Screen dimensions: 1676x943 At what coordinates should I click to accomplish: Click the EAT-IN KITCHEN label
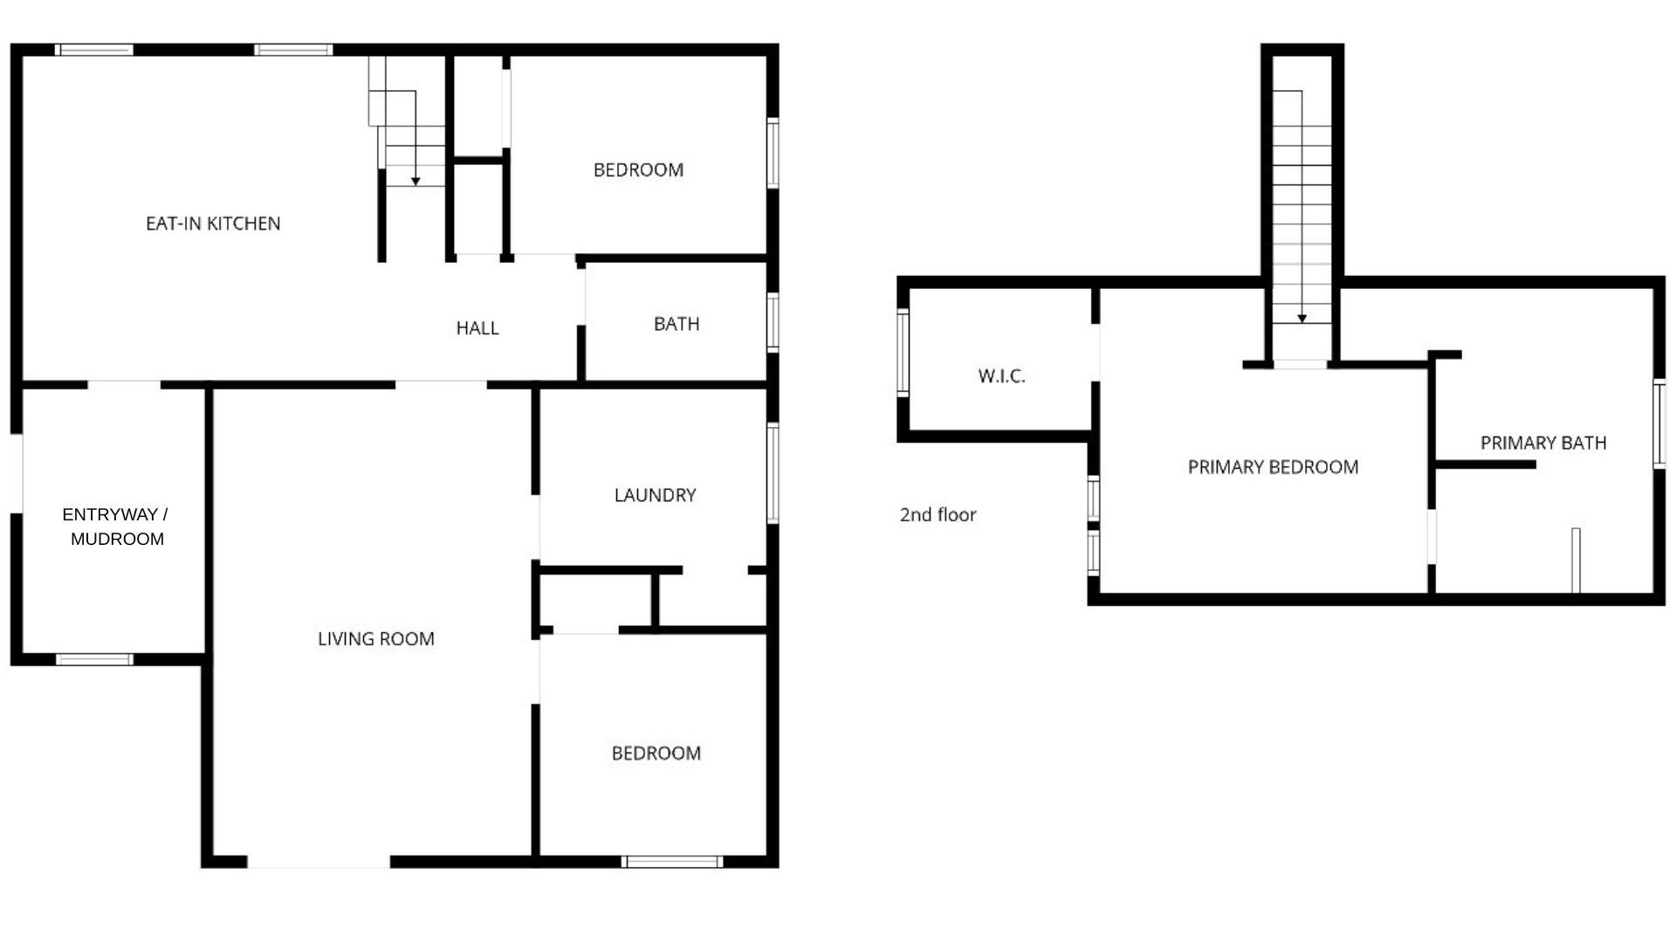coord(213,224)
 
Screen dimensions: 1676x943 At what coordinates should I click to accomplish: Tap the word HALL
coord(477,328)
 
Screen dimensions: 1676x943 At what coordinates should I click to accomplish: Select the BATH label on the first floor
coord(677,324)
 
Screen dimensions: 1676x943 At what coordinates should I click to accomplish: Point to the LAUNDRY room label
coord(655,495)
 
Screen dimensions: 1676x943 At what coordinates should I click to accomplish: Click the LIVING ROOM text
coord(376,639)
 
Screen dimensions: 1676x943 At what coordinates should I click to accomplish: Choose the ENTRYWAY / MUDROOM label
coord(116,527)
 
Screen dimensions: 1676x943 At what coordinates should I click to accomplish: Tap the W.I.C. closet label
coord(1001,376)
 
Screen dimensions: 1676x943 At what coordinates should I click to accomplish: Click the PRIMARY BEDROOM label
coord(1273,467)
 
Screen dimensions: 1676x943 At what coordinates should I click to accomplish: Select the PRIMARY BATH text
coord(1543,443)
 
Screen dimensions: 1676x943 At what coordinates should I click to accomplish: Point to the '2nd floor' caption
coord(938,515)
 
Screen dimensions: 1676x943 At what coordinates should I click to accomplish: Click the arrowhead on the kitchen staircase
coord(416,182)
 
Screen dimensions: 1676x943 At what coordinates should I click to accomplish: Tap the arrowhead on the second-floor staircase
coord(1302,319)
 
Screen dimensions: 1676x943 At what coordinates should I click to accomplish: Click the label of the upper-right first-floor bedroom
coord(638,170)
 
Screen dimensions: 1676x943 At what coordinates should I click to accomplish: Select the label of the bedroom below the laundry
coord(656,754)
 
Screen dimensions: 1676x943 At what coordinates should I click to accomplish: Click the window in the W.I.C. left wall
coord(903,353)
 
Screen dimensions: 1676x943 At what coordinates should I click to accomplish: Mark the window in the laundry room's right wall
coord(773,472)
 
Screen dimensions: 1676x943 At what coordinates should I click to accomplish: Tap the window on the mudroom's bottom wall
coord(94,659)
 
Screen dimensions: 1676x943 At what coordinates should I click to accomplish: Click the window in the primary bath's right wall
coord(1659,424)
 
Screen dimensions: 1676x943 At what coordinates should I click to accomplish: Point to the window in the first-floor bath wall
coord(773,322)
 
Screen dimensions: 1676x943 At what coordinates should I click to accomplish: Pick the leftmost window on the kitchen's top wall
coord(94,50)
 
